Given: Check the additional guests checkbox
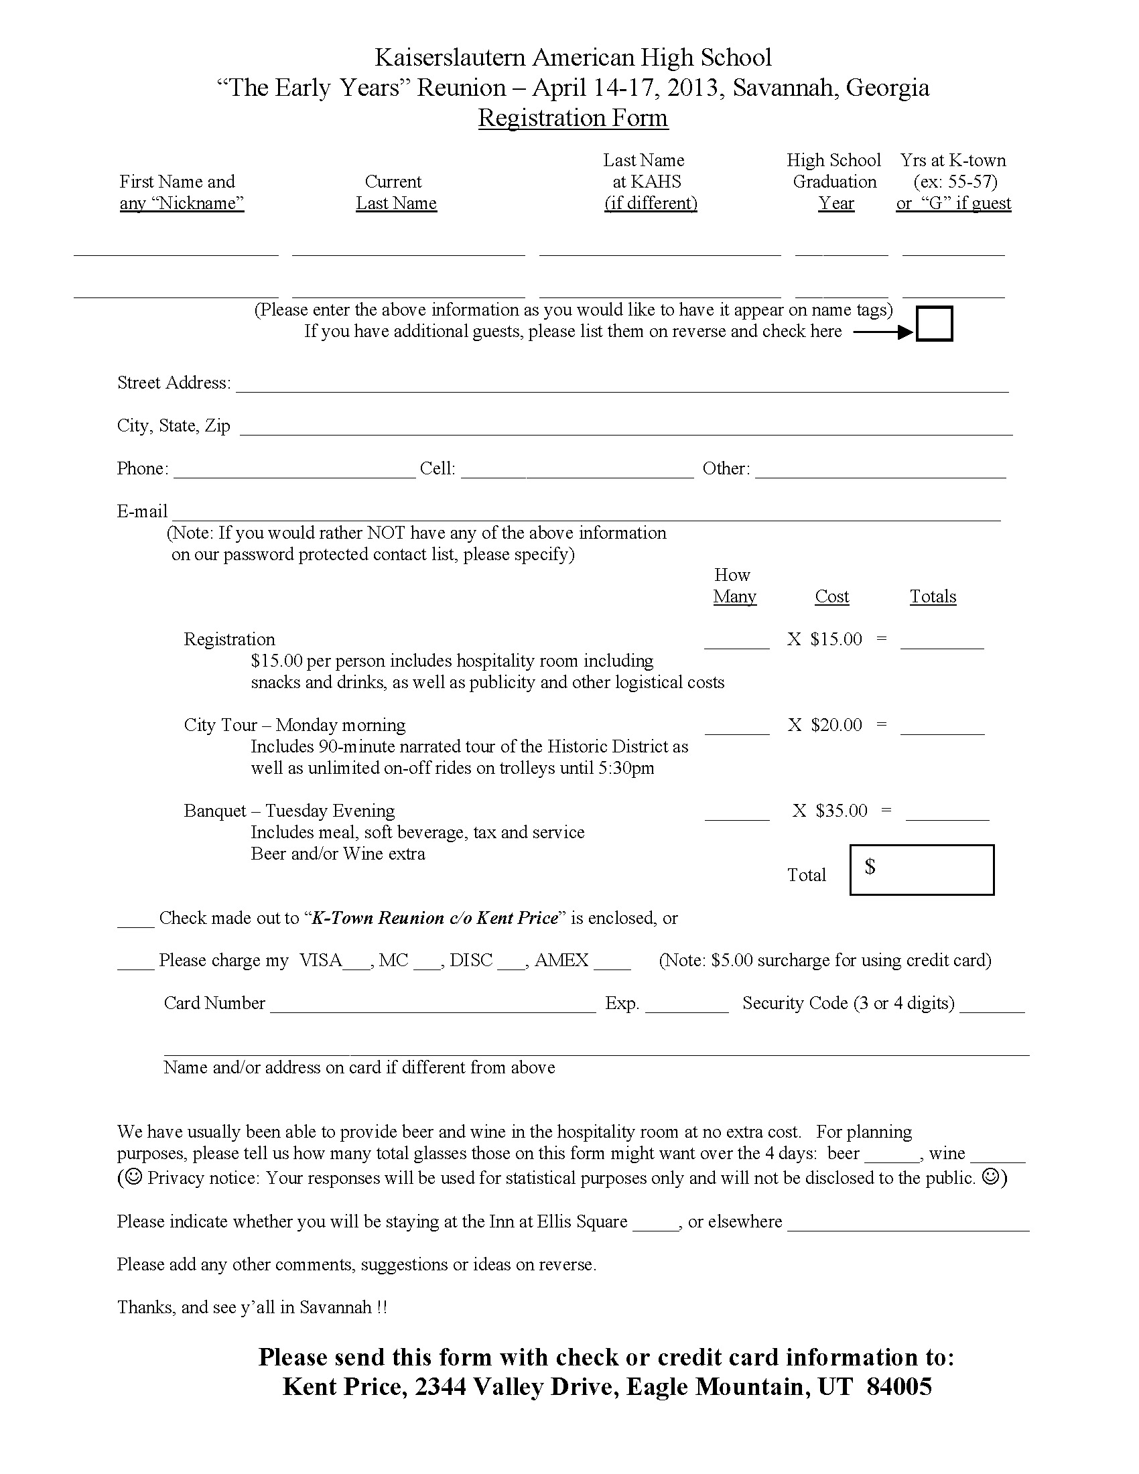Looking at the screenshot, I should point(934,324).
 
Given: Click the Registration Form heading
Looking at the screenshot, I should point(573,117).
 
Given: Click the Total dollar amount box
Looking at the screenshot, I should point(922,870).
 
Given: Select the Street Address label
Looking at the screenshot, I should point(174,383).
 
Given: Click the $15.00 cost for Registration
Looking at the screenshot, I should point(836,639).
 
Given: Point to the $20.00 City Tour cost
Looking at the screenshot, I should point(836,725).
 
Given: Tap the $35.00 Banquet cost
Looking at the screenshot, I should point(841,811).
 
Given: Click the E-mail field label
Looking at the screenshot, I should point(141,512).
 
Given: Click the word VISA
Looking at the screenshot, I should point(320,960).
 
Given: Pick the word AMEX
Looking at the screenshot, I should point(561,960).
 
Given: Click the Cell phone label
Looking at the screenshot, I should point(438,468).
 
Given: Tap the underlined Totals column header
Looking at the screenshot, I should point(933,596).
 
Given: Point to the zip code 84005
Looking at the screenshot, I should point(898,1387).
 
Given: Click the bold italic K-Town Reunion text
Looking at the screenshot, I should point(435,918).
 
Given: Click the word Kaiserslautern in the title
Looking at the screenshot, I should point(450,58).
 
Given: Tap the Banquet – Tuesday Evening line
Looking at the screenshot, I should point(289,811).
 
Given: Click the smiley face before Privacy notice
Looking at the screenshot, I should point(133,1178).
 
